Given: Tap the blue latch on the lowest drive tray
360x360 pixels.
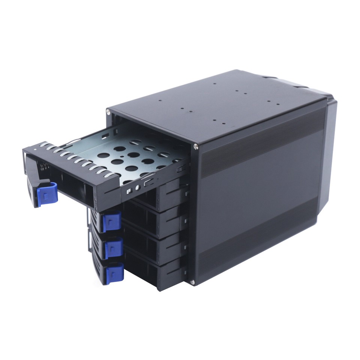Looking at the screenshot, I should click(x=114, y=274).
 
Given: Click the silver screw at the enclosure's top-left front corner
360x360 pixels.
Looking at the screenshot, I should click(x=109, y=111).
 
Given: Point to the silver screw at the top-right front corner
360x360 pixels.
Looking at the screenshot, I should click(x=196, y=147).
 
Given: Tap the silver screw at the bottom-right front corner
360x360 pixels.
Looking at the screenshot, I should click(x=192, y=282).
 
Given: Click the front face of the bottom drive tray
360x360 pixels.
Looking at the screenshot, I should click(x=150, y=272).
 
